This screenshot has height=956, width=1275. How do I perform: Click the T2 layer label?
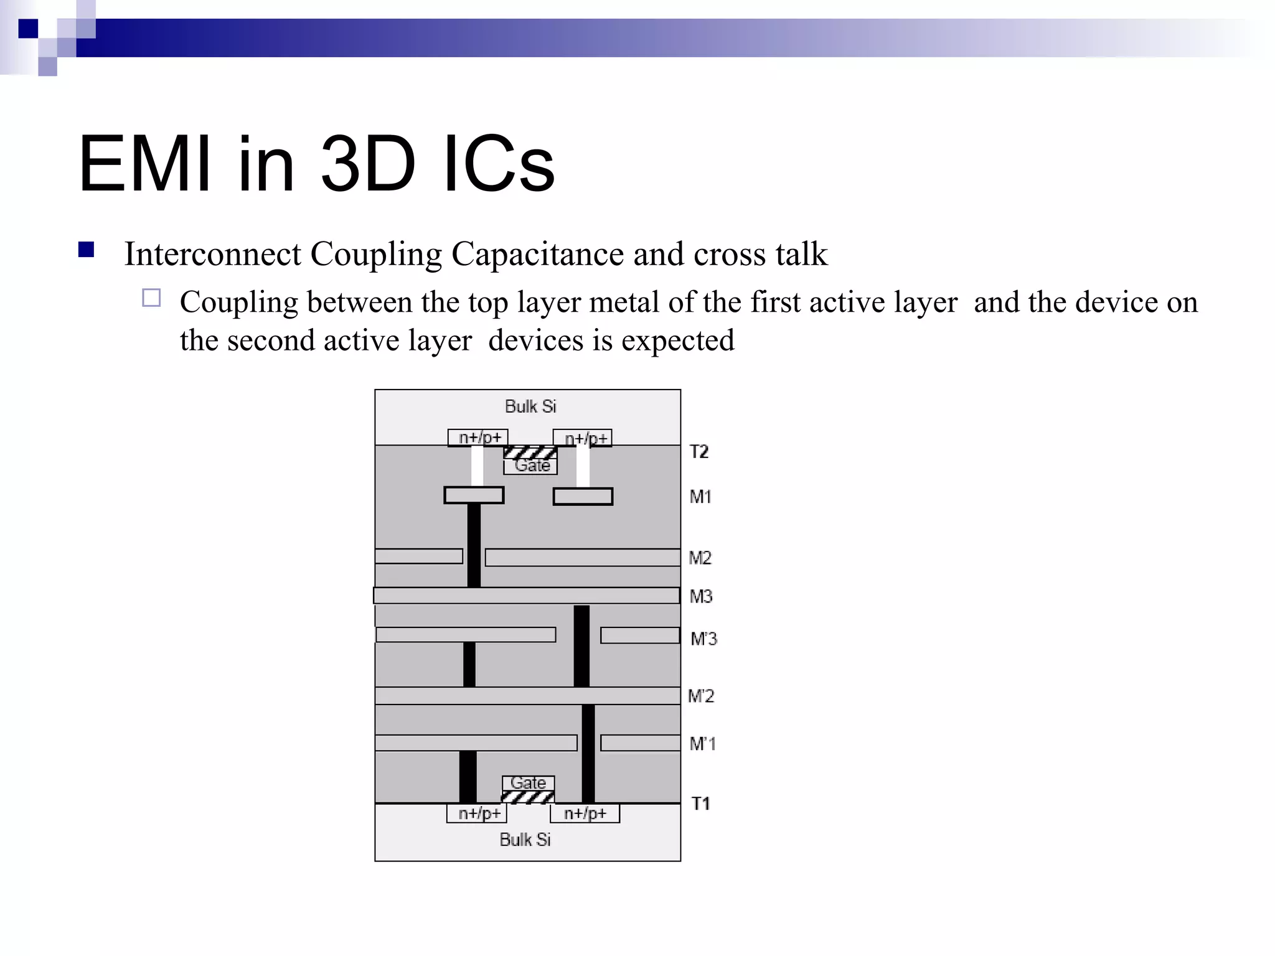[699, 451]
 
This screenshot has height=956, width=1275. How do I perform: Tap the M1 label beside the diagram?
[700, 497]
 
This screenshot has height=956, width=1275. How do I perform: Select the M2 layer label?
[700, 558]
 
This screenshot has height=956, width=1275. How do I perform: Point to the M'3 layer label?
[703, 639]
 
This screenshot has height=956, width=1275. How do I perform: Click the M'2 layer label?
[701, 696]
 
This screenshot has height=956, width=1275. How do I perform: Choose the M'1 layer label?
[703, 744]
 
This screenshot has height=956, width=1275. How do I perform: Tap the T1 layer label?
[700, 804]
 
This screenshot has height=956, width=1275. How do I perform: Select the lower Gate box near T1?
[528, 783]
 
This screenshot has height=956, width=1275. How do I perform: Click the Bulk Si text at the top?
[530, 406]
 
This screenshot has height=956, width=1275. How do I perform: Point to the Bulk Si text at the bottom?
[525, 840]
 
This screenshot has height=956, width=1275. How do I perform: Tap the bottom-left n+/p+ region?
[478, 813]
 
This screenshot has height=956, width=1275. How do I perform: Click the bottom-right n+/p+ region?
[585, 813]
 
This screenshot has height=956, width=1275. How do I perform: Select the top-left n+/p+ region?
[478, 438]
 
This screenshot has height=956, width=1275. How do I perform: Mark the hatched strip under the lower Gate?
[528, 797]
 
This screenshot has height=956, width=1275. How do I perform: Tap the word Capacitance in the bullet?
[537, 254]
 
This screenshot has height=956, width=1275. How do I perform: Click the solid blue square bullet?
[87, 250]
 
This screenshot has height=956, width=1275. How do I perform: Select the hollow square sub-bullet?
[151, 298]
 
